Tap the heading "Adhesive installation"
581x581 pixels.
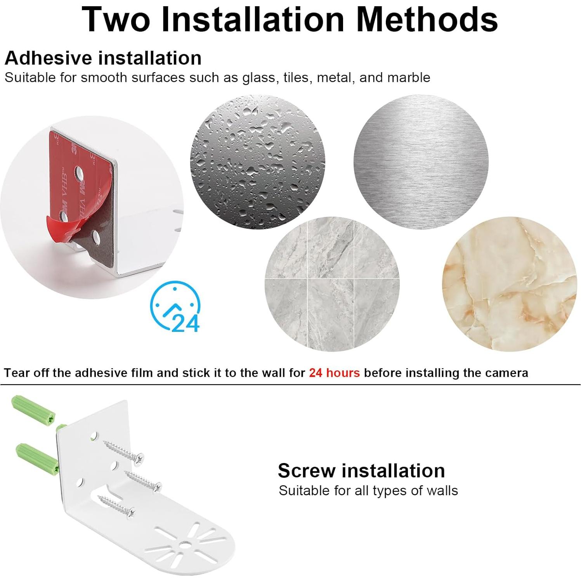pos(103,58)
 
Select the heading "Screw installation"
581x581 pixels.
pos(361,470)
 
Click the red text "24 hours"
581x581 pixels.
pos(334,373)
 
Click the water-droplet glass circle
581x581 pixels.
pos(257,162)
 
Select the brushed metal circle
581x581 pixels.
pos(421,162)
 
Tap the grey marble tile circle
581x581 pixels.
pos(332,284)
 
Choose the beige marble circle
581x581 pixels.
pos(509,284)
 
